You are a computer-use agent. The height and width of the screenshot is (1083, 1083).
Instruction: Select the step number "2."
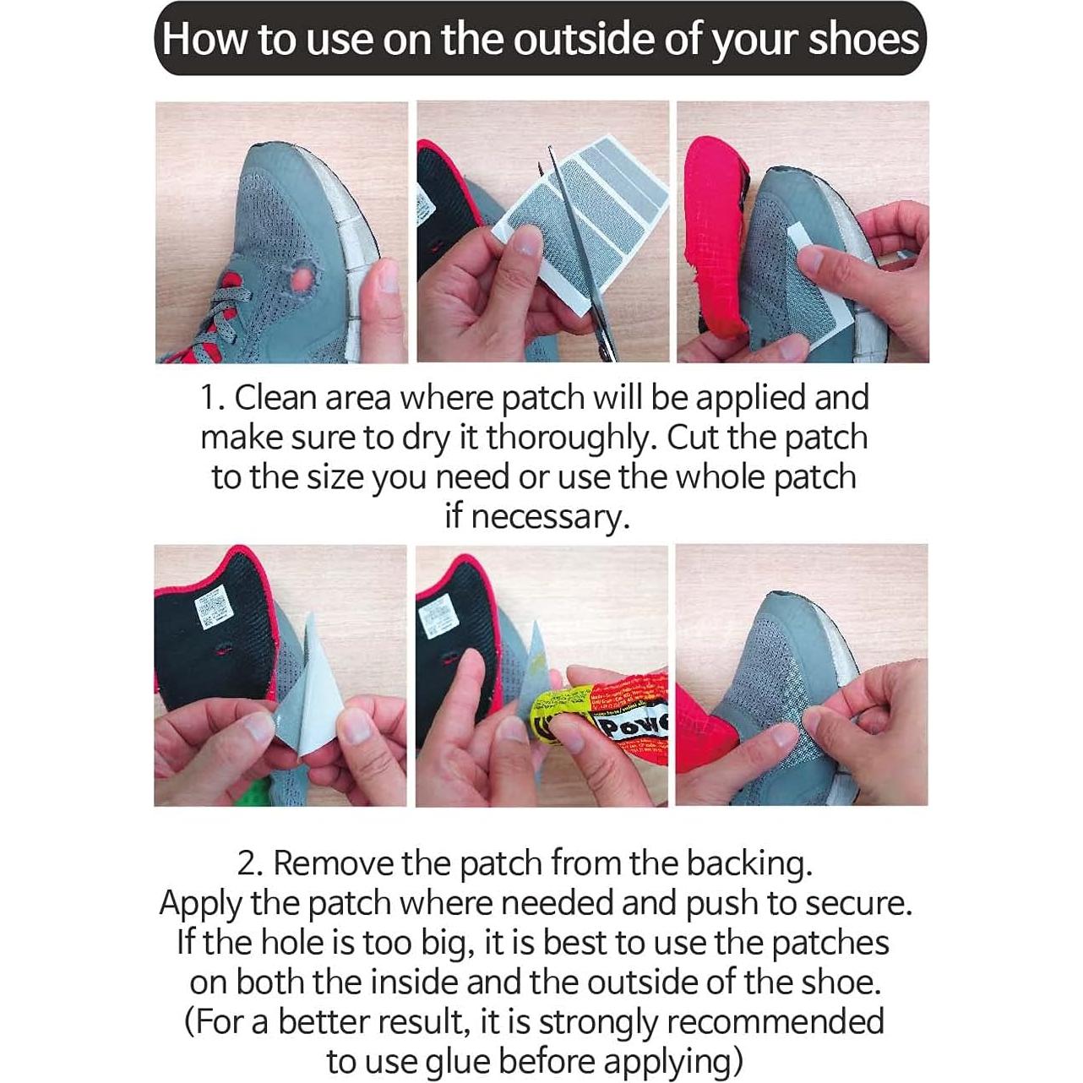coord(251,863)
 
